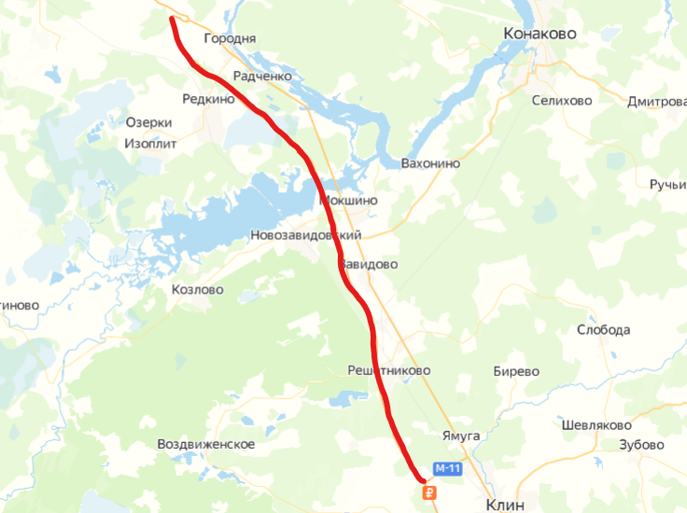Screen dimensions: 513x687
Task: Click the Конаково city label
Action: click(540, 34)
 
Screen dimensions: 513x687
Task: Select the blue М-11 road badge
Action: click(448, 468)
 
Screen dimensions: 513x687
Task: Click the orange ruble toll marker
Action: click(428, 492)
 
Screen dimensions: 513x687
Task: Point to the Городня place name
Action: click(229, 39)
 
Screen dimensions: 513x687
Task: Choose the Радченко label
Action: click(263, 76)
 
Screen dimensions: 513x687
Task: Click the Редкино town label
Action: click(209, 98)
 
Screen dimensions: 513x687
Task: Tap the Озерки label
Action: click(148, 123)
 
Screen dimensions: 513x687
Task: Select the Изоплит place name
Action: click(149, 144)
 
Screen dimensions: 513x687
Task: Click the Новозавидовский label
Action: click(305, 236)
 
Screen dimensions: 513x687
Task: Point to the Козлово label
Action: click(198, 290)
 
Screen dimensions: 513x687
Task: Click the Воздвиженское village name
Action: click(206, 444)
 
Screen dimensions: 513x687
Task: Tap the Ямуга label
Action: click(461, 436)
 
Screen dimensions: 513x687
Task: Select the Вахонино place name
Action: click(430, 163)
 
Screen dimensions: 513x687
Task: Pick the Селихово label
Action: click(562, 101)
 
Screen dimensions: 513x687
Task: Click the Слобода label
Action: click(603, 330)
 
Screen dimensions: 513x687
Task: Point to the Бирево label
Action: click(516, 371)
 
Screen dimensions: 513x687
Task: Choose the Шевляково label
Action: click(597, 424)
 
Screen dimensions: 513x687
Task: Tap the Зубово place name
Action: click(641, 445)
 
